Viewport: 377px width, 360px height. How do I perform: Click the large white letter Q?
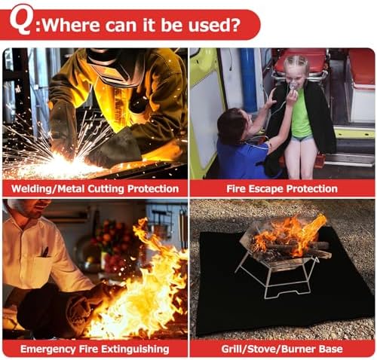click(x=20, y=20)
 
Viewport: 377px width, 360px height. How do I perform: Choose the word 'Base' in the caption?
click(x=331, y=349)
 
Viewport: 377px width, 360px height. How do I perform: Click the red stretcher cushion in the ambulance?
click(x=301, y=60)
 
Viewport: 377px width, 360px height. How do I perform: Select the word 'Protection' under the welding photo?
click(x=153, y=189)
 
